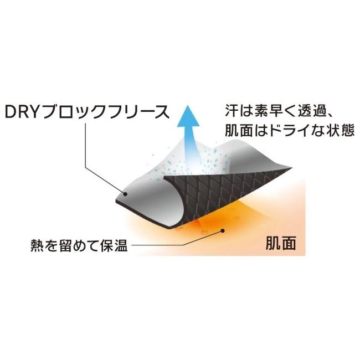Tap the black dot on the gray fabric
tap(126, 193)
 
